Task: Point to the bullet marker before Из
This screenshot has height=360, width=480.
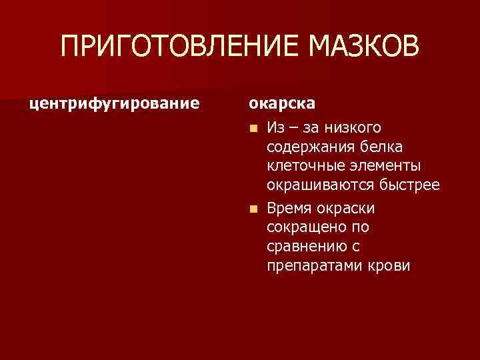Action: (x=252, y=127)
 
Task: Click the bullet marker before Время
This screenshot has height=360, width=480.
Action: (x=252, y=209)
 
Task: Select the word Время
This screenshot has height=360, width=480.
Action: (x=289, y=209)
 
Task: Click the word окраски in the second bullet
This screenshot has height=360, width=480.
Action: (x=346, y=209)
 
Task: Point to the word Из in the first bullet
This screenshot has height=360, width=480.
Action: (x=275, y=127)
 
